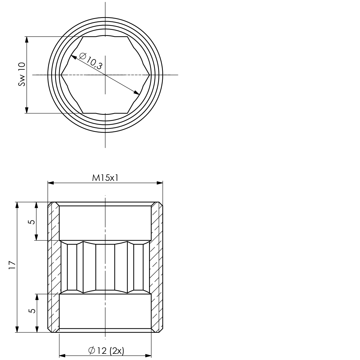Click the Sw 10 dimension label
22,74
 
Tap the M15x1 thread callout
105,178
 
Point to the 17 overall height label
12,265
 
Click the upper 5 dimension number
32,222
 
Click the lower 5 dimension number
32,311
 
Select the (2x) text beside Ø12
117,350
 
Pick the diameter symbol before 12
91,350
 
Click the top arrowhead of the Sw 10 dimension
27,40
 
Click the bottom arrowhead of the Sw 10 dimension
27,110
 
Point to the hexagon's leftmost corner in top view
61,75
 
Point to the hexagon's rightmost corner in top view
150,75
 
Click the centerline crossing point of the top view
105,75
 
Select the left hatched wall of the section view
53,267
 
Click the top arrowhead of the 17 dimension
17,205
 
